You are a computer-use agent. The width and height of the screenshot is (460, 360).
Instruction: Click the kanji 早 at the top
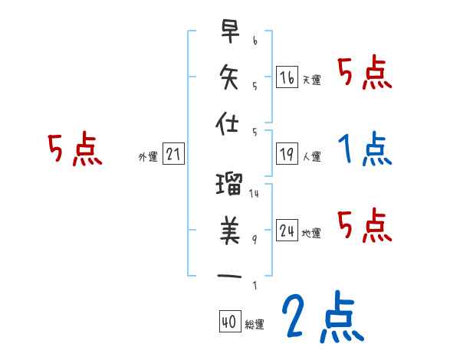tap(229, 31)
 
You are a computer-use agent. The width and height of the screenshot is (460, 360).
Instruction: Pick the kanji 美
tap(229, 229)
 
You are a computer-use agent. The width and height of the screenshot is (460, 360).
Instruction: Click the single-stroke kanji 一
tap(229, 275)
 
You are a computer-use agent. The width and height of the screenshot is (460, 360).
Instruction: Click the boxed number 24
tap(287, 230)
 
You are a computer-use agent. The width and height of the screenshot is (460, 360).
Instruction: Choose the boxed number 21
tap(173, 155)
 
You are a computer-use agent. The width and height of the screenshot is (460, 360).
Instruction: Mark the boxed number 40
tap(228, 322)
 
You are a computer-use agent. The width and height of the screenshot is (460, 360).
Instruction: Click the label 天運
tap(311, 80)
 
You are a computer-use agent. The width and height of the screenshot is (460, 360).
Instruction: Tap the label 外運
tap(148, 157)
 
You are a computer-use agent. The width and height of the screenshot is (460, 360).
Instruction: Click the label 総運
tap(254, 325)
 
